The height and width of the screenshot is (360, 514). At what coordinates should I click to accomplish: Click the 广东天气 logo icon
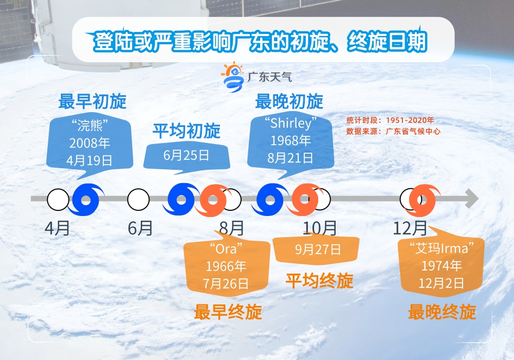point(233,77)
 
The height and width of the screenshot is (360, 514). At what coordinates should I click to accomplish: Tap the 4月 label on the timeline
point(58,228)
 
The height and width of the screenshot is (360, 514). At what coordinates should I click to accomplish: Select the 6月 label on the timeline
point(140,228)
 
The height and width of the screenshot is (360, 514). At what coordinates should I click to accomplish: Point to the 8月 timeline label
point(231,228)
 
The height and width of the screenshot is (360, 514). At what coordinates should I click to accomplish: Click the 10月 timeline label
point(320,228)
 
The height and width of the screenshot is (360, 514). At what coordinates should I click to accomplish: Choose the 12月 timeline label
point(410,228)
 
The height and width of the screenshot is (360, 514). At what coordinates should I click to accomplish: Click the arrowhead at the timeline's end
point(472,199)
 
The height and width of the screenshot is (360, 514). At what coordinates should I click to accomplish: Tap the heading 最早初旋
point(93,101)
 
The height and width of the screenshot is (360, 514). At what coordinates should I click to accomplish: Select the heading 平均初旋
point(187,131)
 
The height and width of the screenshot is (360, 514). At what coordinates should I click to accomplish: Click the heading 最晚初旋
point(289,101)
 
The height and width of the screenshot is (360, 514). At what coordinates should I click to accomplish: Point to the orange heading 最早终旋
point(228,312)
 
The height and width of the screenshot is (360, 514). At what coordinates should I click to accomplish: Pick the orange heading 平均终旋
point(320,281)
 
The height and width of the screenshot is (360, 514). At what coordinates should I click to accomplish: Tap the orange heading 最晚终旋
point(442,312)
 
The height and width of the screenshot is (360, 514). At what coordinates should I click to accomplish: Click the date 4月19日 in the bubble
point(89,160)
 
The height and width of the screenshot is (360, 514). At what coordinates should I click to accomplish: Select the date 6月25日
point(186,155)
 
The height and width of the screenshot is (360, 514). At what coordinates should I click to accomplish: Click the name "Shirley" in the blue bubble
point(291,123)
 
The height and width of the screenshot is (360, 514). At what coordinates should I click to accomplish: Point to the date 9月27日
point(318,249)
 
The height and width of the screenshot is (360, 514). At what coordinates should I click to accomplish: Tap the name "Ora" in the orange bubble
point(226,249)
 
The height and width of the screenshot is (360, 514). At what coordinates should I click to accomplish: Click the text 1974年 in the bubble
point(442,265)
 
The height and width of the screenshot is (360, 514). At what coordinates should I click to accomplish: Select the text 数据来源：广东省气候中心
point(393,132)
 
